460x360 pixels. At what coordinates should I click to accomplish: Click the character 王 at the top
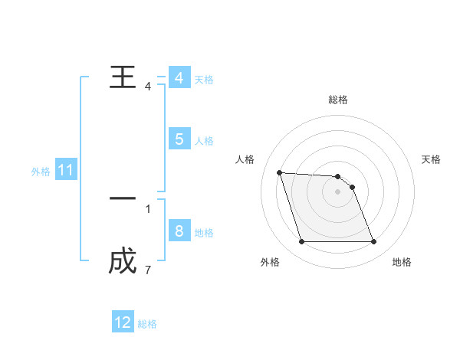tap(123, 78)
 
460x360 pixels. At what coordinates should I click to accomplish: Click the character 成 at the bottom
tap(123, 262)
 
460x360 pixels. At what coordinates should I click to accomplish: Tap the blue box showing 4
tap(179, 78)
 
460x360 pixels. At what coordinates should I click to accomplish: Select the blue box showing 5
tap(179, 139)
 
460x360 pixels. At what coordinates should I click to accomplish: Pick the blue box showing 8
tap(179, 231)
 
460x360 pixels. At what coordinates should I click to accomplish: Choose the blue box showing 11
tap(66, 170)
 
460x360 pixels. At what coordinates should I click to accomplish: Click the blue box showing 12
tap(123, 322)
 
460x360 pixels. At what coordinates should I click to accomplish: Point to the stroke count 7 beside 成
tap(147, 270)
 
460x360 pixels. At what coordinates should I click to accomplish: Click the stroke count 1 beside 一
tap(147, 208)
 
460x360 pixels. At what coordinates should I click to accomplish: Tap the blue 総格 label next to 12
tap(147, 324)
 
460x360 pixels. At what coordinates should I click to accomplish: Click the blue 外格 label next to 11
tap(41, 172)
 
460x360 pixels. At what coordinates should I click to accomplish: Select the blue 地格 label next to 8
tap(204, 233)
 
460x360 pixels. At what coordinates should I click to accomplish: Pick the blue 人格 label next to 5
tap(204, 141)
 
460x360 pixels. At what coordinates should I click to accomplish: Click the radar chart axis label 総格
tap(337, 100)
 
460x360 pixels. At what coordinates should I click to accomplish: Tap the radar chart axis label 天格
tap(431, 159)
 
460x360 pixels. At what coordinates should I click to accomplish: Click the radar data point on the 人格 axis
tap(279, 172)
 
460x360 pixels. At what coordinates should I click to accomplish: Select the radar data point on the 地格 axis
tap(373, 242)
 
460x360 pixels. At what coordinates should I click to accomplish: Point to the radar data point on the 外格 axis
tap(301, 242)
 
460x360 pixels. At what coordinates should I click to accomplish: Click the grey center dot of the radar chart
tap(337, 191)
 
